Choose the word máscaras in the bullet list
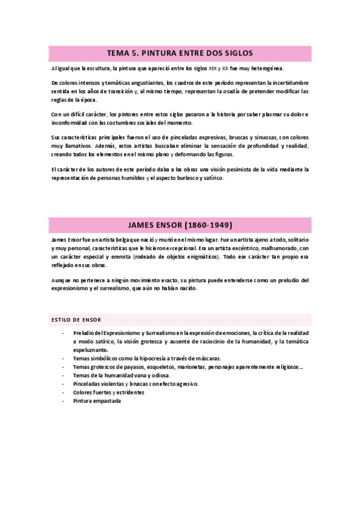206,358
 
